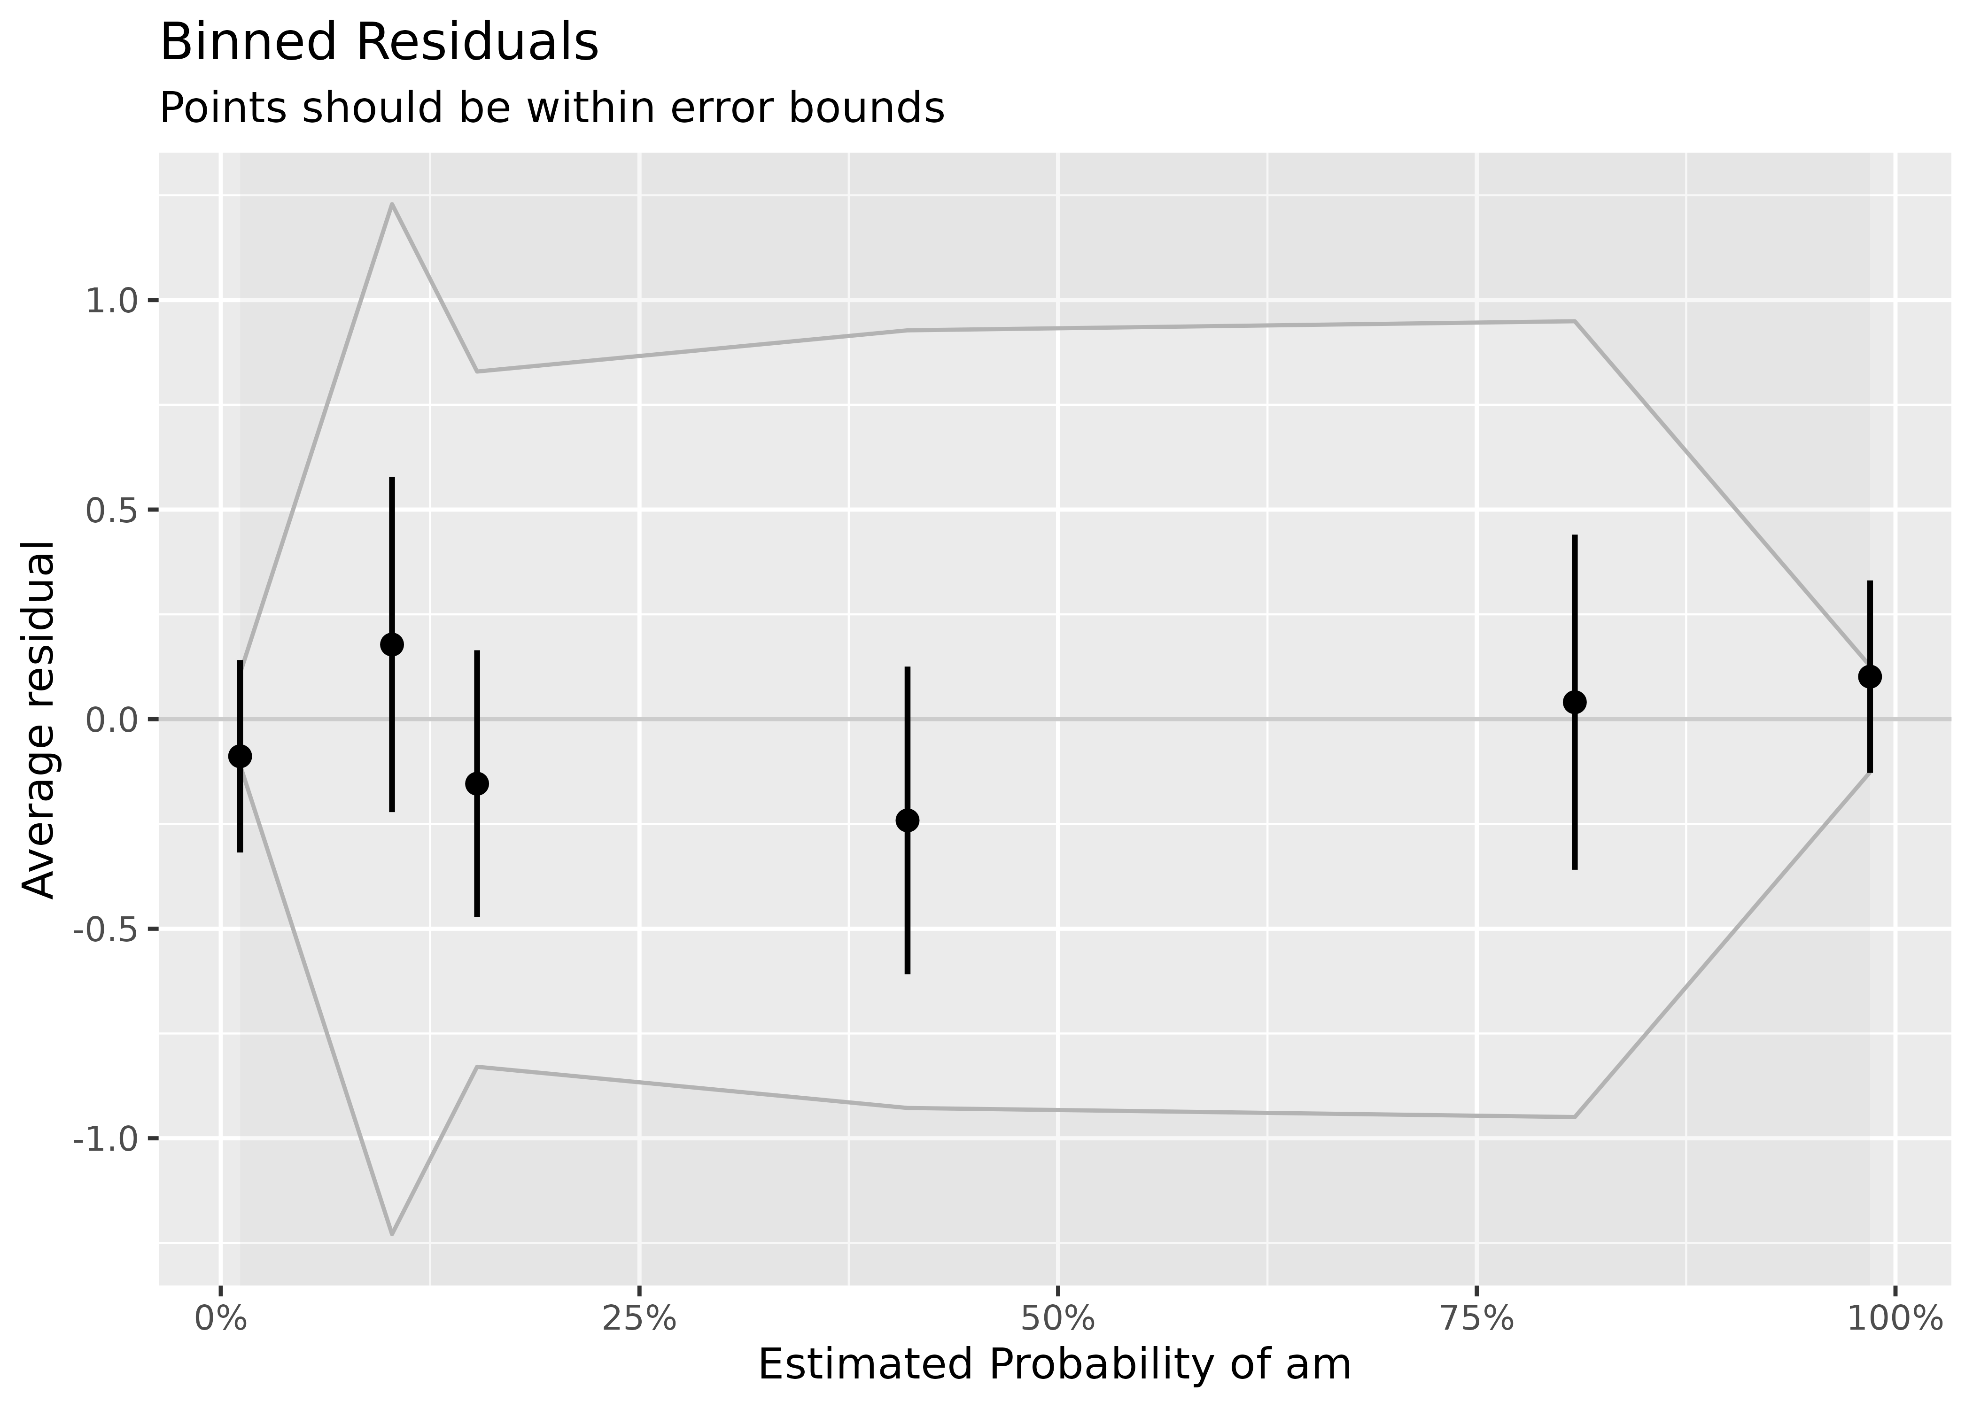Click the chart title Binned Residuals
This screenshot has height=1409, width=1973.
pyautogui.click(x=379, y=43)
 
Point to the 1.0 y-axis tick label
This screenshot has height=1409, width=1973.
pyautogui.click(x=110, y=301)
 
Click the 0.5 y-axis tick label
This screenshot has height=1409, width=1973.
pyautogui.click(x=110, y=510)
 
